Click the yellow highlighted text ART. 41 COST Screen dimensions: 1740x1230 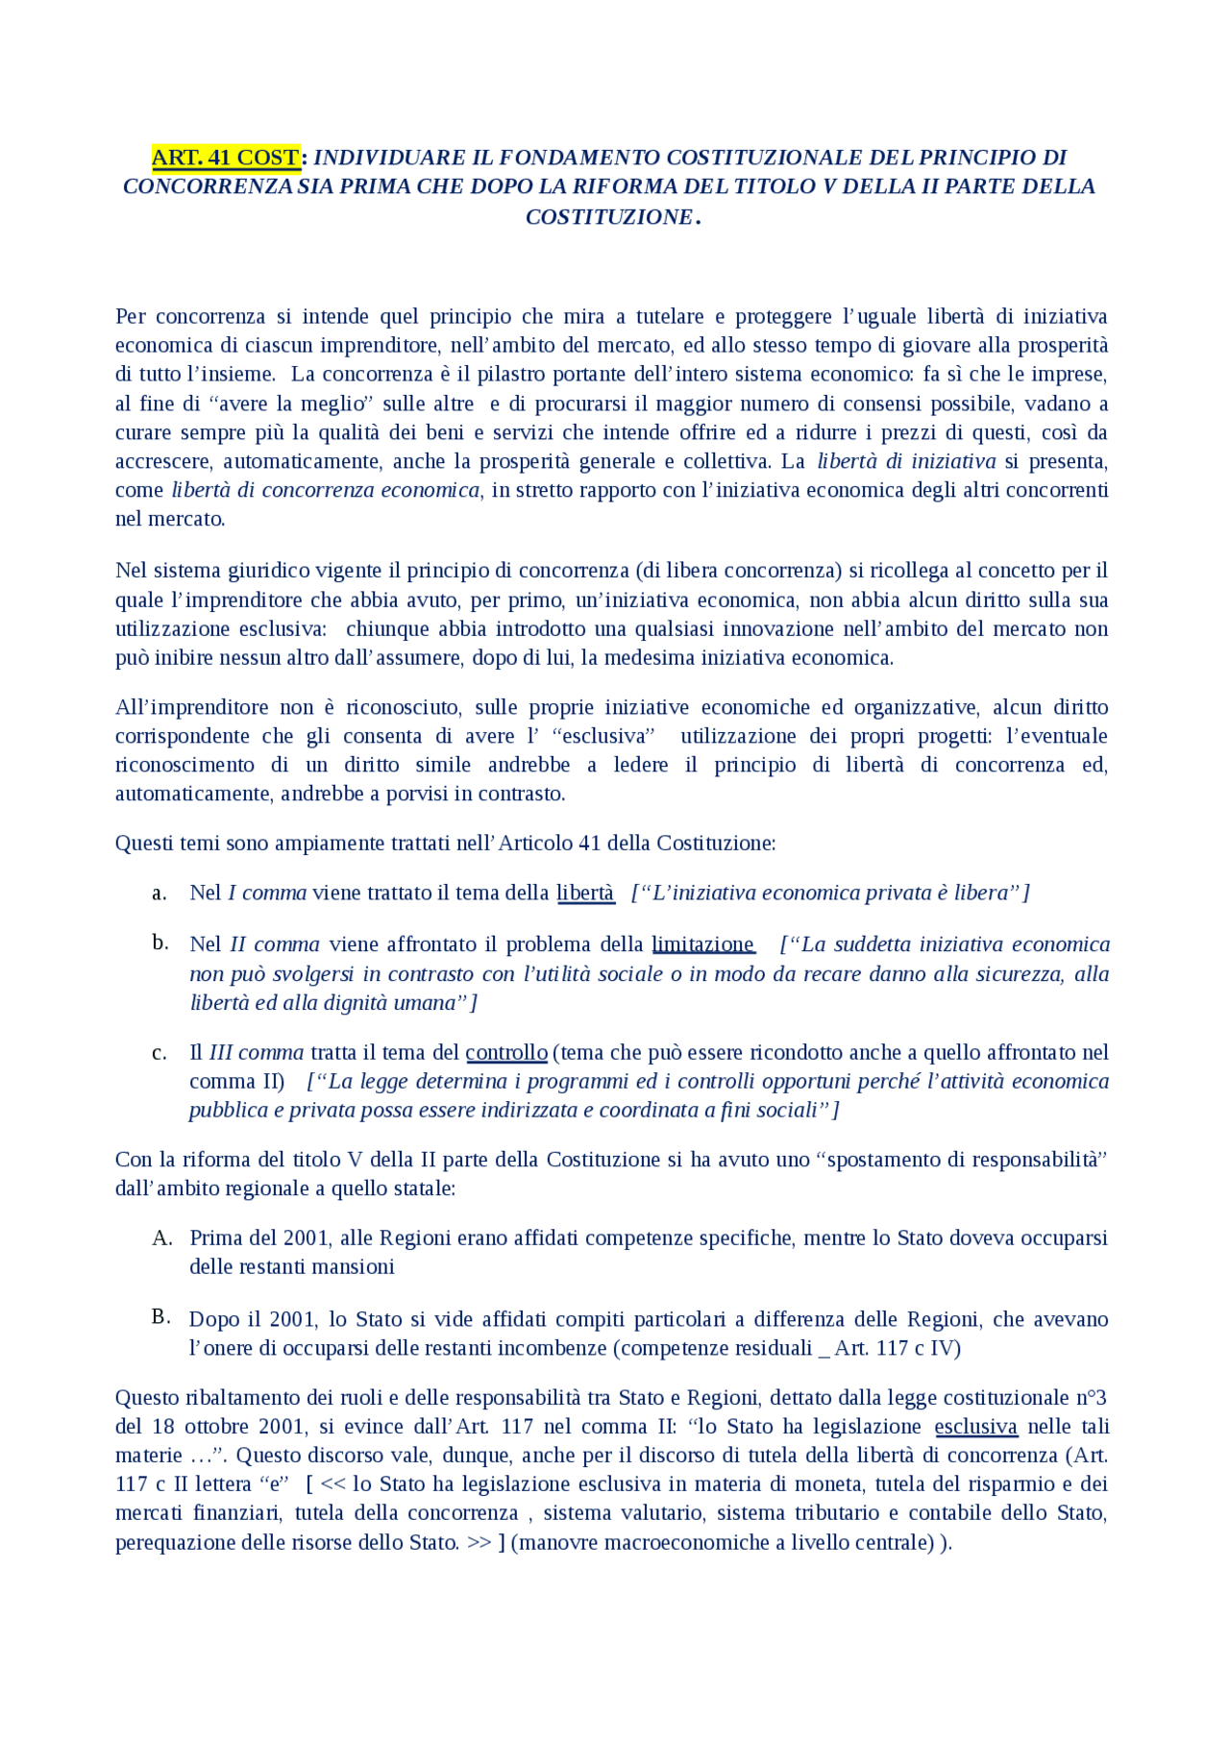click(x=226, y=158)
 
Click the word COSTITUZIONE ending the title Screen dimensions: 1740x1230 click(x=609, y=217)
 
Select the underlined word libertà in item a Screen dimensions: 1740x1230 click(x=584, y=893)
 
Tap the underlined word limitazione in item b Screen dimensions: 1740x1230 click(x=702, y=944)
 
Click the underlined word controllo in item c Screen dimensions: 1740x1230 click(x=505, y=1052)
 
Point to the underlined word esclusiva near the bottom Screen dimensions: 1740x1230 click(x=975, y=1426)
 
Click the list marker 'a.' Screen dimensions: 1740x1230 click(x=160, y=893)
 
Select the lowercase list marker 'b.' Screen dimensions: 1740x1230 click(x=160, y=943)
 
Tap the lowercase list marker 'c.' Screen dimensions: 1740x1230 click(x=160, y=1052)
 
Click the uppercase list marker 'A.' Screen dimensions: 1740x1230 click(x=161, y=1238)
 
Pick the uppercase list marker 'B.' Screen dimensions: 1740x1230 click(x=160, y=1316)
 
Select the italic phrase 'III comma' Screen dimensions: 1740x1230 click(x=256, y=1052)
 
